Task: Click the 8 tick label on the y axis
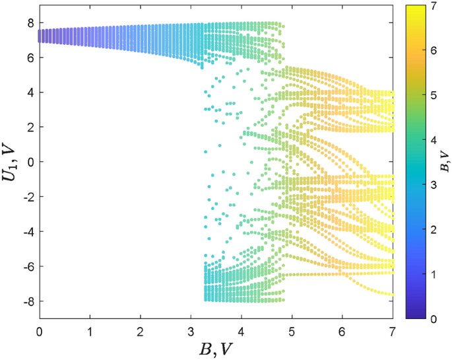(30, 22)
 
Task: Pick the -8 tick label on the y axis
(27, 301)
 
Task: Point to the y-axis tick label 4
(30, 92)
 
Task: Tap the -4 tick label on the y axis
(27, 231)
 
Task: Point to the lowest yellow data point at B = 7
(392, 295)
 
